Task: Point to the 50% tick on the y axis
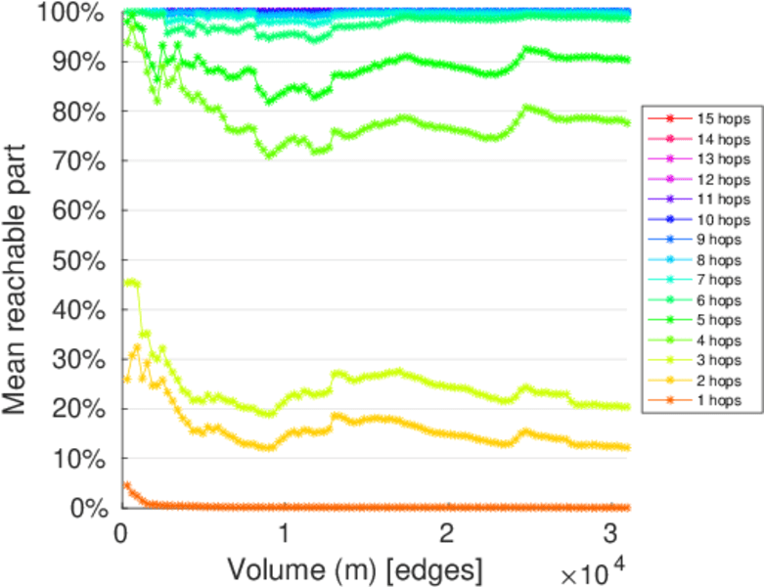coord(84,260)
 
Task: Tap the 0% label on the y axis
coord(90,508)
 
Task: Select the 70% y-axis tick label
coord(84,161)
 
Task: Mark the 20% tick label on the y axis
coord(84,409)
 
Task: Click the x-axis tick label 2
coord(446,534)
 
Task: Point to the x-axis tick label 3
coord(608,534)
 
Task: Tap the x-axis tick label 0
coord(120,534)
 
